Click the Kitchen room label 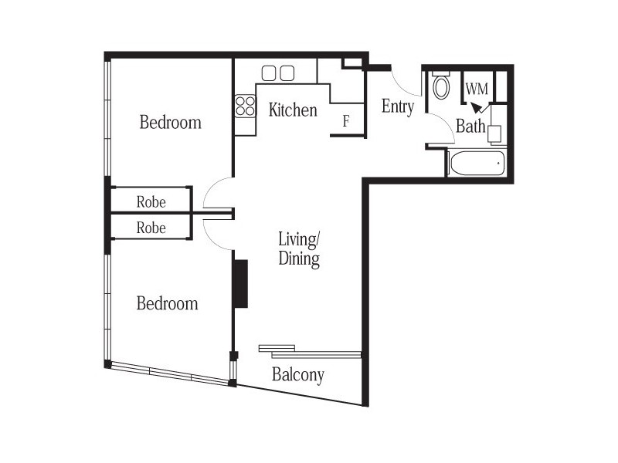pyautogui.click(x=293, y=110)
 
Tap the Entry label pyautogui.click(x=398, y=107)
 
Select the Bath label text pyautogui.click(x=470, y=127)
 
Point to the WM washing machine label pyautogui.click(x=477, y=88)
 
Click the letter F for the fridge pyautogui.click(x=347, y=121)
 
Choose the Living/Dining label pyautogui.click(x=299, y=248)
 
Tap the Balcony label pyautogui.click(x=297, y=376)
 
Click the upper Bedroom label pyautogui.click(x=170, y=122)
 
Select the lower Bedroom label pyautogui.click(x=167, y=303)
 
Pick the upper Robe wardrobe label pyautogui.click(x=151, y=203)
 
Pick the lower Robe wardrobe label pyautogui.click(x=151, y=228)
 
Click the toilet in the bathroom pyautogui.click(x=441, y=85)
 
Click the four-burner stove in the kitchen pyautogui.click(x=246, y=106)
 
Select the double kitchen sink pyautogui.click(x=278, y=73)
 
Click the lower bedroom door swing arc pyautogui.click(x=216, y=234)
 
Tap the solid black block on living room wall pyautogui.click(x=240, y=284)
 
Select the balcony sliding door pyautogui.click(x=309, y=352)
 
